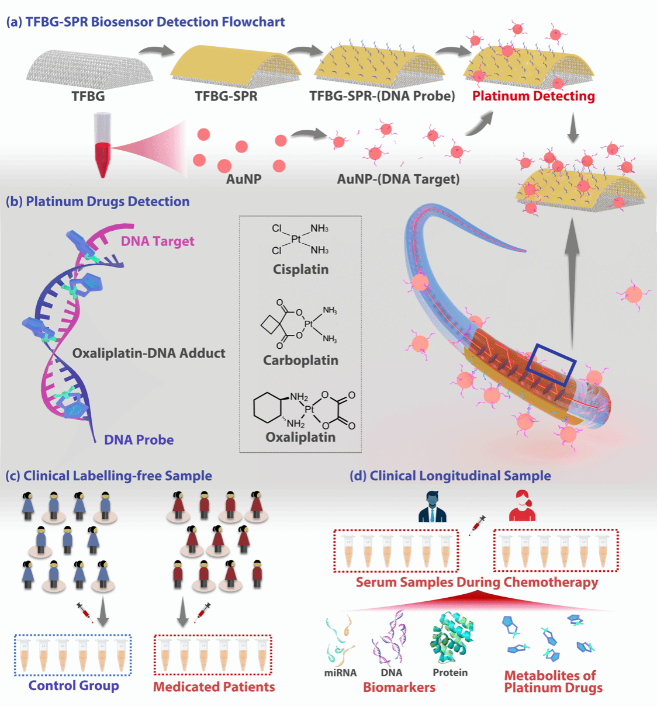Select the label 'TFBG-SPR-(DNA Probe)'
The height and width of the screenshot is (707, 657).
382,96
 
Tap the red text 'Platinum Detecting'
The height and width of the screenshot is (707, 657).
533,96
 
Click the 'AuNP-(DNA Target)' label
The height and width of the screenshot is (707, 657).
398,179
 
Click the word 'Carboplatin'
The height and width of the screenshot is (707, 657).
300,361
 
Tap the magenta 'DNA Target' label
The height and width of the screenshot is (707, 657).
157,241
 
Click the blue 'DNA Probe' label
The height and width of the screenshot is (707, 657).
139,440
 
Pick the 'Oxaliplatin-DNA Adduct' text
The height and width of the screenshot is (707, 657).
148,353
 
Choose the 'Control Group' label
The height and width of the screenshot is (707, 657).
74,686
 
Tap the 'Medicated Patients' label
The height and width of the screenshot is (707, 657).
214,687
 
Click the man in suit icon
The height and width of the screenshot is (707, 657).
433,507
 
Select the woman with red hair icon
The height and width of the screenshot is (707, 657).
522,506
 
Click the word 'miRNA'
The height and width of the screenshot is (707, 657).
340,673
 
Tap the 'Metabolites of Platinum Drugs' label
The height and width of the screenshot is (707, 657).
552,682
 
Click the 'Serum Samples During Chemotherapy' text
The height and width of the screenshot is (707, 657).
477,583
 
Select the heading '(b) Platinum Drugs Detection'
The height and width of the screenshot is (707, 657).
98,202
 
